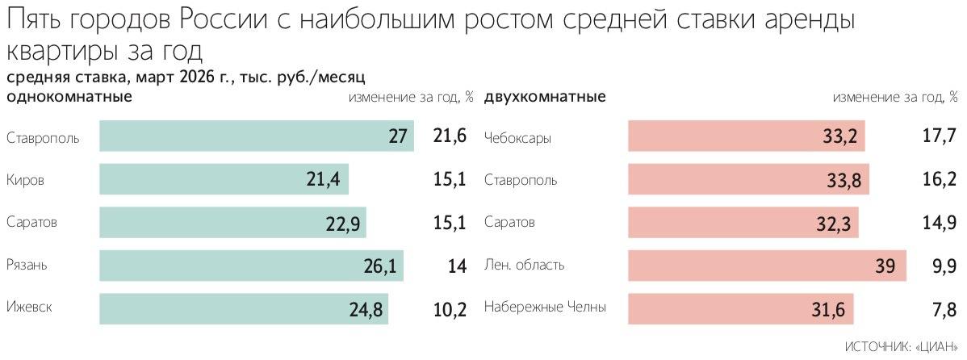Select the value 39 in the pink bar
pyautogui.click(x=885, y=265)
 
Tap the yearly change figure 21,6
pyautogui.click(x=450, y=136)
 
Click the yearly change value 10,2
pyautogui.click(x=450, y=308)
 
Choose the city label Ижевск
pyautogui.click(x=30, y=308)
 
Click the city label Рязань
pyautogui.click(x=28, y=265)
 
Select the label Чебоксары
pyautogui.click(x=517, y=138)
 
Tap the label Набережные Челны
pyautogui.click(x=545, y=308)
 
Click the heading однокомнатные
pyautogui.click(x=69, y=98)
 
